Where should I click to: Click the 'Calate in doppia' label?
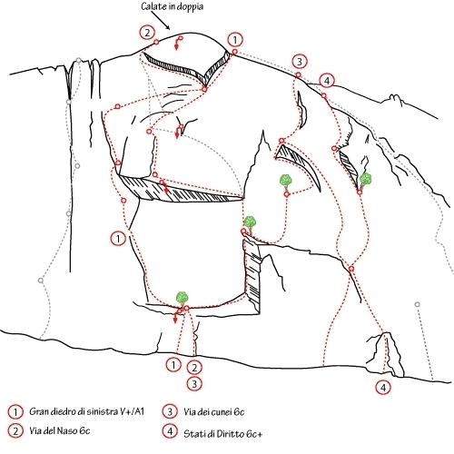[x=173, y=6]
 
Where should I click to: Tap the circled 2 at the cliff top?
[x=147, y=33]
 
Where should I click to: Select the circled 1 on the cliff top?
[x=235, y=40]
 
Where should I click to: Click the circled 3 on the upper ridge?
[x=300, y=62]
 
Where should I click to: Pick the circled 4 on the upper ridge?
[x=327, y=81]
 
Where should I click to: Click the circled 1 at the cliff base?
[x=173, y=365]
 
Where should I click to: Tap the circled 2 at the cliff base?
[x=194, y=368]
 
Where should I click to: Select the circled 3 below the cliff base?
[x=194, y=384]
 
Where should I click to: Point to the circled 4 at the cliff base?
[x=383, y=388]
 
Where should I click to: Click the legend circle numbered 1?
[x=15, y=411]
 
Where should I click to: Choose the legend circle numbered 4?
[x=170, y=431]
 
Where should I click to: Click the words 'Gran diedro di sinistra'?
[x=73, y=411]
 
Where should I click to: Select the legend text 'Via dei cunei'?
[x=208, y=411]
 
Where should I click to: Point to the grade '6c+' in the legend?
[x=254, y=434]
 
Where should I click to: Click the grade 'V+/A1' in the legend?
[x=132, y=411]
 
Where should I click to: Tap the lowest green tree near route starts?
[x=182, y=299]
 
